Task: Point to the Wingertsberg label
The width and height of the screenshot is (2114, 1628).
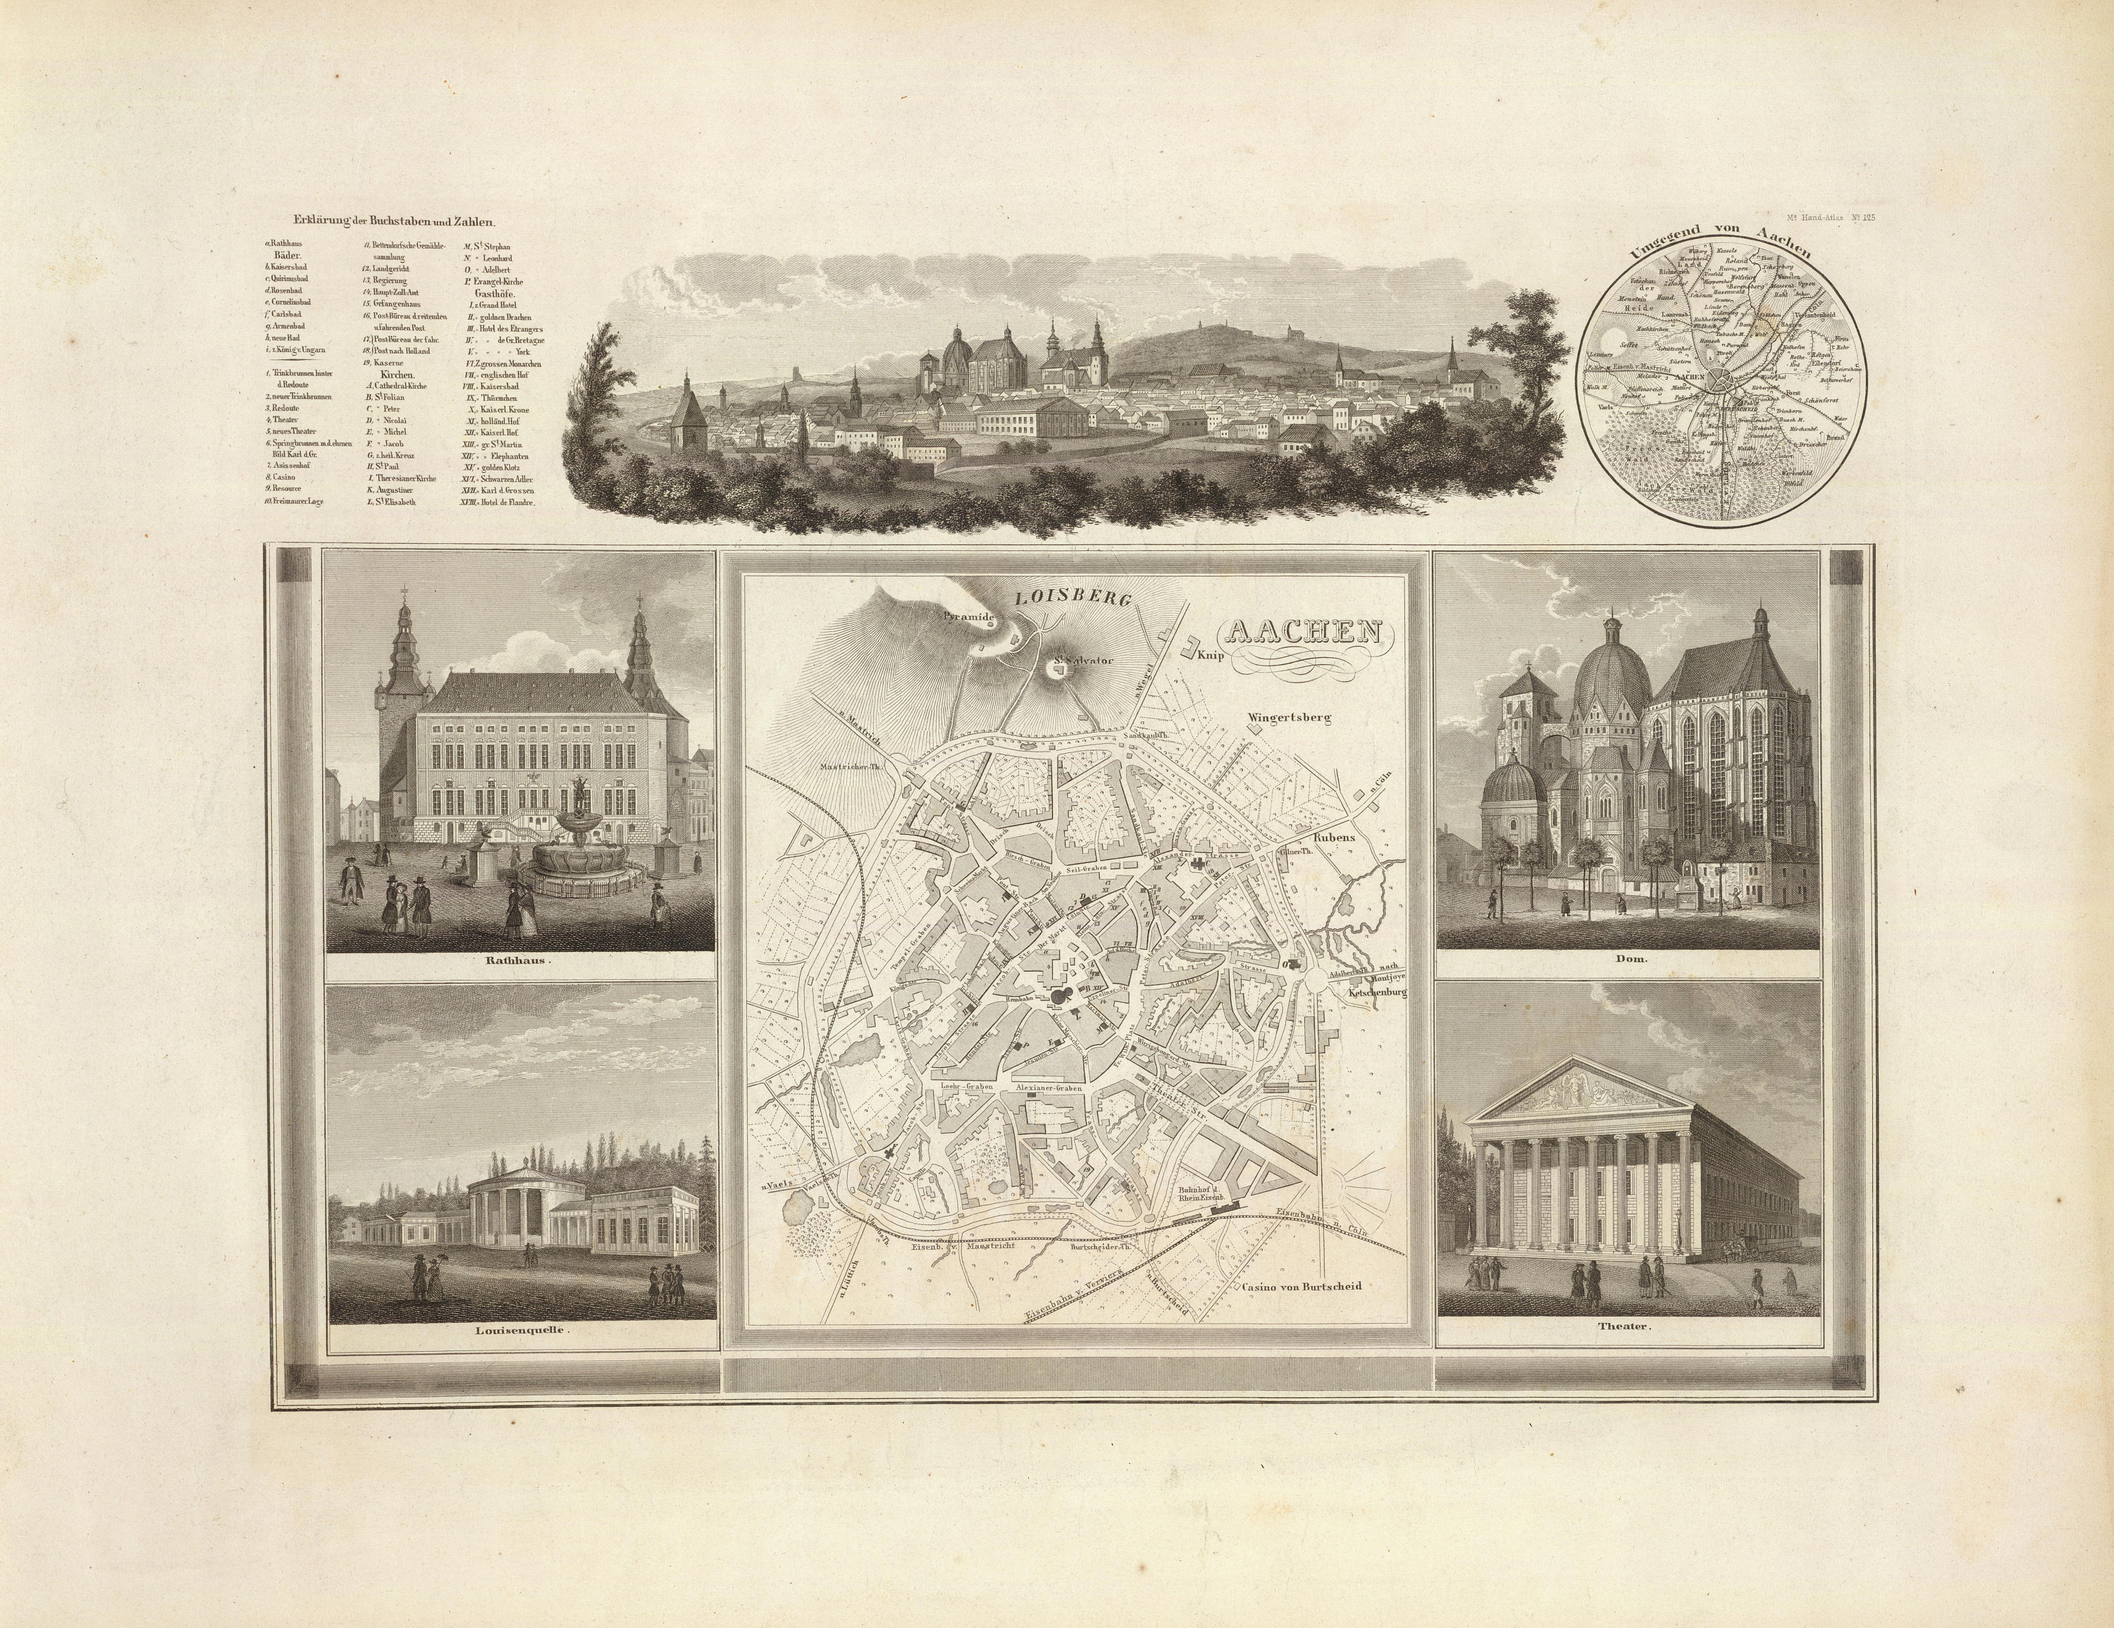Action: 1290,718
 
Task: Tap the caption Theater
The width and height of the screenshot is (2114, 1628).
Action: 1627,1327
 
